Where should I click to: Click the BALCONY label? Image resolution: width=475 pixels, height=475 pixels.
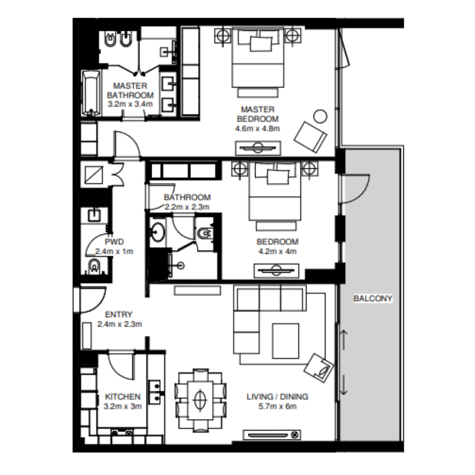(373, 299)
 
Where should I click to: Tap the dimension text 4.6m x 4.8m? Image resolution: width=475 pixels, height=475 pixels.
(258, 128)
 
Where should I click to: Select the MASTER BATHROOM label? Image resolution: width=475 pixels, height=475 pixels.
(130, 90)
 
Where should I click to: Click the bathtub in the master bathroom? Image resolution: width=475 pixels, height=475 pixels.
(91, 93)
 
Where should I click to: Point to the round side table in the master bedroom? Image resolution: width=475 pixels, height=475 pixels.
(320, 117)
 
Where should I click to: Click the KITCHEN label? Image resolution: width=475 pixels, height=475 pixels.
(123, 397)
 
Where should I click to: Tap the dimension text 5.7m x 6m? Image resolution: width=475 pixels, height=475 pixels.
(278, 406)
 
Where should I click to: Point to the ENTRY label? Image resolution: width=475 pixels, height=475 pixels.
(119, 314)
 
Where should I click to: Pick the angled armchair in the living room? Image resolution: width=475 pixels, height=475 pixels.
(320, 366)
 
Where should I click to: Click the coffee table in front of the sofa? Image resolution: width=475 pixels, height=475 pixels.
(285, 340)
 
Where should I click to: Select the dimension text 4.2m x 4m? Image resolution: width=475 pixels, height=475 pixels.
(278, 252)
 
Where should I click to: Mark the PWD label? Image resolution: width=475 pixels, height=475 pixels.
(114, 241)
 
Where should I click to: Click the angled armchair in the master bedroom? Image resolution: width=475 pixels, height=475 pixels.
(311, 137)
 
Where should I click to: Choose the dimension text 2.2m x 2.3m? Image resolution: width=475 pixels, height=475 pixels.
(187, 206)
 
